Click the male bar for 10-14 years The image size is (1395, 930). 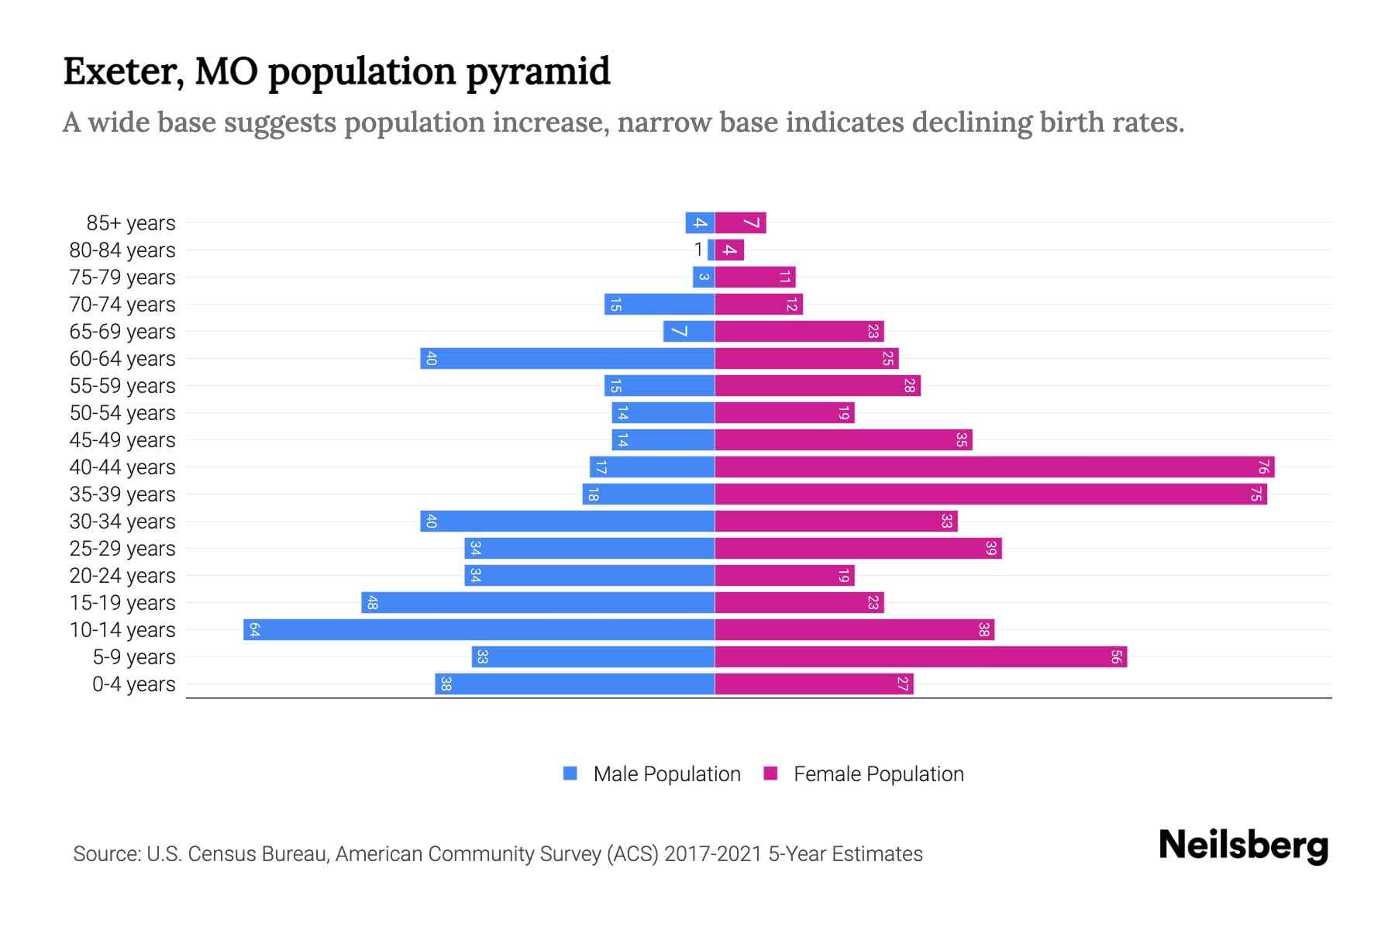479,629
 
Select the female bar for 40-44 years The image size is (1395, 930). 994,467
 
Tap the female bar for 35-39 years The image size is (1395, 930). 990,494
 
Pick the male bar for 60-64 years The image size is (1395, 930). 567,358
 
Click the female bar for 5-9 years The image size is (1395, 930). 921,656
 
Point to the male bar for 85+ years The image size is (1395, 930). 700,222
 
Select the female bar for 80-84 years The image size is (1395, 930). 729,250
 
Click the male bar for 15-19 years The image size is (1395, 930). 538,602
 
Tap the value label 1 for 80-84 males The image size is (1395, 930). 698,250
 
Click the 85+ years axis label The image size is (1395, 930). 130,223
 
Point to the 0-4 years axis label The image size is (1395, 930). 133,684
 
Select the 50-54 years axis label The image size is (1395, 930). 122,413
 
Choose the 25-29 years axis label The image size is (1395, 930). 122,549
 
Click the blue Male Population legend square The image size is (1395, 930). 570,773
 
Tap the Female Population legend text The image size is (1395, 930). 878,774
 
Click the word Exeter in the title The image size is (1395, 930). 123,71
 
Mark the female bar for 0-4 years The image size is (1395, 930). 814,684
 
